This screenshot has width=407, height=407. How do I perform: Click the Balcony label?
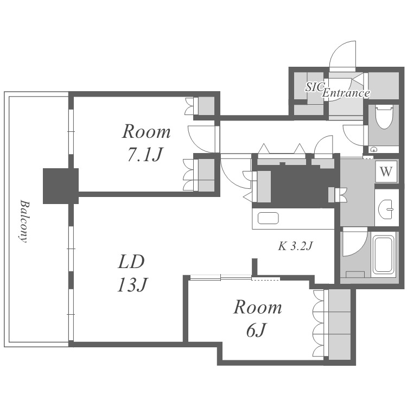(24, 221)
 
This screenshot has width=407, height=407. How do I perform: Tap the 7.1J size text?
(145, 155)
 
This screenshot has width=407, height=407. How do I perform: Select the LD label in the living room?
(131, 262)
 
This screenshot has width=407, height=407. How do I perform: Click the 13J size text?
(132, 285)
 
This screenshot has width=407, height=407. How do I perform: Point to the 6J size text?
(256, 330)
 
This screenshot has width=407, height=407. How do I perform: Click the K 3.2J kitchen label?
(295, 246)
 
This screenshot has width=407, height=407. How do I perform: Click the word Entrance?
(346, 93)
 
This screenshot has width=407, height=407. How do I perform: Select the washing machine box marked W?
(386, 171)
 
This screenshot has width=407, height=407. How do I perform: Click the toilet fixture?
(385, 117)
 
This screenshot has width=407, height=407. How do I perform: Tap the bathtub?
(384, 255)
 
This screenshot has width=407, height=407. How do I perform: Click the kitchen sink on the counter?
(268, 218)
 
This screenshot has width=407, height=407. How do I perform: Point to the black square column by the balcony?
(61, 186)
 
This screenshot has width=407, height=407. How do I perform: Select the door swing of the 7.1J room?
(201, 139)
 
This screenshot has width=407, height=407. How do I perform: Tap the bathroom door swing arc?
(354, 242)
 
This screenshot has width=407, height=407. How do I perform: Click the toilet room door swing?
(353, 135)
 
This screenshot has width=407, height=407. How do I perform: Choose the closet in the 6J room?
(340, 324)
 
